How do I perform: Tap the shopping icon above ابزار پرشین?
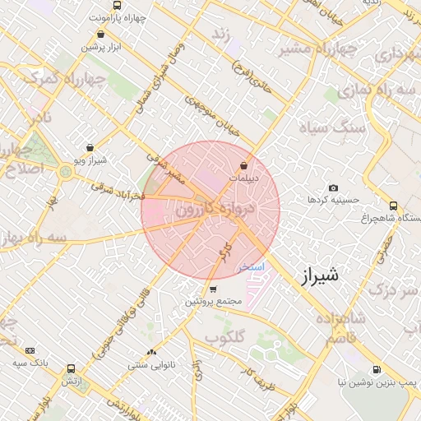pyautogui.click(x=100, y=35)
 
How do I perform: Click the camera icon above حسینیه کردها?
pyautogui.click(x=333, y=187)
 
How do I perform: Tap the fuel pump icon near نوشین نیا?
pyautogui.click(x=377, y=370)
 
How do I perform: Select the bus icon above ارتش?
pyautogui.click(x=71, y=369)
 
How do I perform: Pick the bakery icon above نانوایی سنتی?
pyautogui.click(x=151, y=352)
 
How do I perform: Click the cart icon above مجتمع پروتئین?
pyautogui.click(x=213, y=289)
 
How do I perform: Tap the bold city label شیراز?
pyautogui.click(x=316, y=277)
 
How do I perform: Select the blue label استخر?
pyautogui.click(x=251, y=267)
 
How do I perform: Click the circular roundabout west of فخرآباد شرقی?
pyautogui.click(x=64, y=172)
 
